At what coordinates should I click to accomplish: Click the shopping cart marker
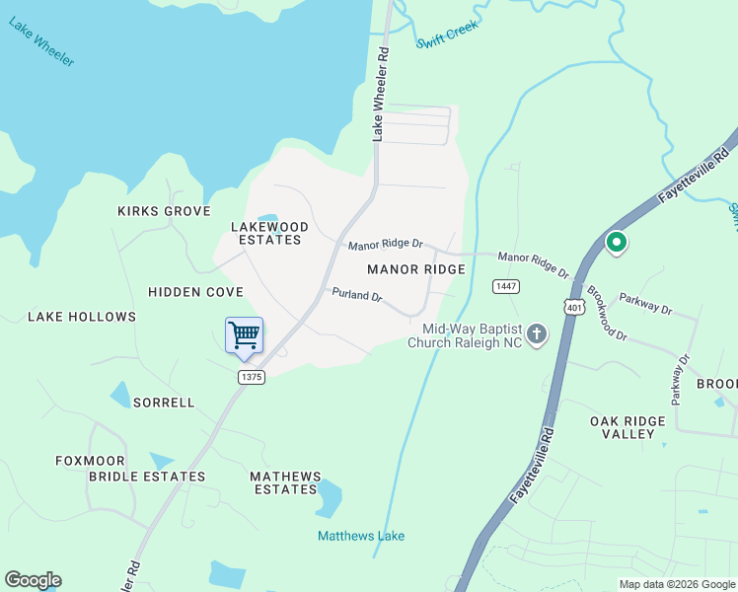[244, 334]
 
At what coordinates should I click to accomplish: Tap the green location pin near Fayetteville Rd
[617, 242]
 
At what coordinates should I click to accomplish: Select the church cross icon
[537, 334]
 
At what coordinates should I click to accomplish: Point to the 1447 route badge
[506, 286]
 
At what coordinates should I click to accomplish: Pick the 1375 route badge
[251, 377]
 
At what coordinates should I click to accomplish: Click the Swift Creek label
[447, 35]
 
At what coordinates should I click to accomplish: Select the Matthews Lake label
[361, 536]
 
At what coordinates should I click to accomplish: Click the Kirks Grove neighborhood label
[164, 211]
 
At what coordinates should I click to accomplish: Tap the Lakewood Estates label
[269, 233]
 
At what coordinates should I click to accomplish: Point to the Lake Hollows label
[82, 317]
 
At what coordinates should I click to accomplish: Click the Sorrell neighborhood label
[164, 403]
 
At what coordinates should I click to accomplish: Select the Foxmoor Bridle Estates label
[132, 468]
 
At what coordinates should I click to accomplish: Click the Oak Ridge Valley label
[627, 427]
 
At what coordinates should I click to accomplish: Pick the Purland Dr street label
[356, 295]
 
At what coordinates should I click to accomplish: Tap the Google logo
[33, 580]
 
